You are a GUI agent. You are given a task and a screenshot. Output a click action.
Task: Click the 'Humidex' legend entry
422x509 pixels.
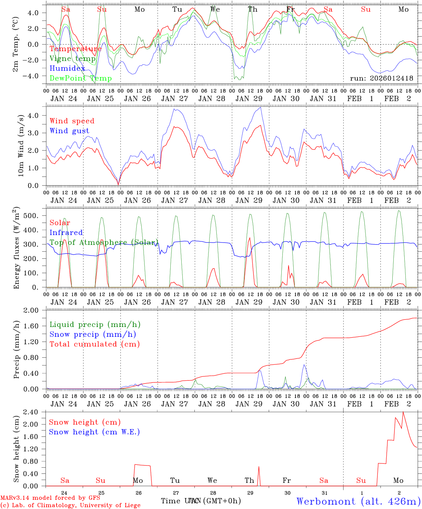coord(68,69)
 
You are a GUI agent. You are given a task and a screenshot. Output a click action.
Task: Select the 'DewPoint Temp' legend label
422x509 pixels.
coord(81,78)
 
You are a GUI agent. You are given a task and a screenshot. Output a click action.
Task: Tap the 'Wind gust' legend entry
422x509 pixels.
coord(70,131)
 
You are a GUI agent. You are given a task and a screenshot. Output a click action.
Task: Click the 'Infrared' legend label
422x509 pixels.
coord(66,233)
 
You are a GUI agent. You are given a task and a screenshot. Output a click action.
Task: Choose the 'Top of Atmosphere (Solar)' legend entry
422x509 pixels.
coord(104,242)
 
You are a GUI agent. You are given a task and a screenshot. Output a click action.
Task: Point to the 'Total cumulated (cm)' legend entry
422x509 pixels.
coord(95,344)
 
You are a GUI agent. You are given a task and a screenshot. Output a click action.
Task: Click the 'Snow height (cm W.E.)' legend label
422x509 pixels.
coord(94,432)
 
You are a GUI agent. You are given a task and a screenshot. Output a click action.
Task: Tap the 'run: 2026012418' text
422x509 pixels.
coord(382,78)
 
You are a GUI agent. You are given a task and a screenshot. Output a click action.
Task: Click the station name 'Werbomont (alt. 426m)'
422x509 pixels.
coord(358,501)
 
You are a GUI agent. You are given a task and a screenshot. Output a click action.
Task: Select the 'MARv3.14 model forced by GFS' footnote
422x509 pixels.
coord(50,498)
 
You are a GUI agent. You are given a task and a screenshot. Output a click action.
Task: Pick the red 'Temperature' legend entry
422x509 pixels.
coord(76,49)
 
